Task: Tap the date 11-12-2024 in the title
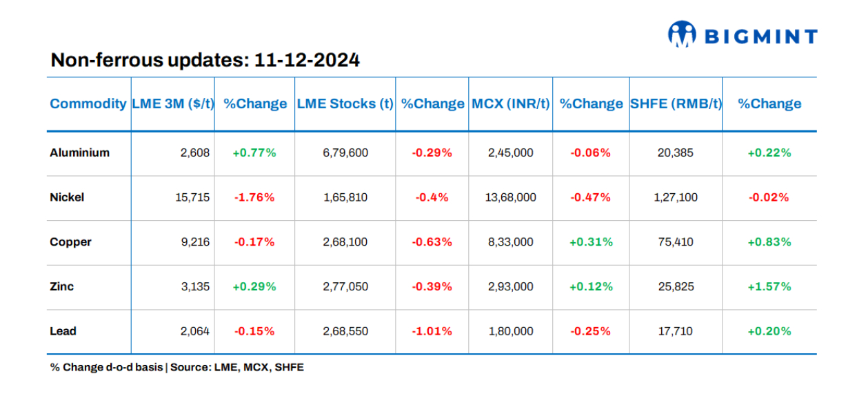(307, 60)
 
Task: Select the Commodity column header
(88, 104)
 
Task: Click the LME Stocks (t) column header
(345, 104)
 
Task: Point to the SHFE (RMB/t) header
(676, 104)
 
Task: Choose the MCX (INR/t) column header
(510, 104)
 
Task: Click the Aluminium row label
(80, 152)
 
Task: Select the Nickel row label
(67, 197)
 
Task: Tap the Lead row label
(63, 331)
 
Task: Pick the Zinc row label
(61, 286)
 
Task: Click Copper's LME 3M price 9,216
(195, 242)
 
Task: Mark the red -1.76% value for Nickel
(254, 197)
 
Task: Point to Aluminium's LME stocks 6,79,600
(345, 152)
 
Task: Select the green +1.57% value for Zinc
(769, 286)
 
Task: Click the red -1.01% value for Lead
(432, 331)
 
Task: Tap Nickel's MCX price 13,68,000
(510, 197)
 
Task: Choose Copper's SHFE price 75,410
(676, 242)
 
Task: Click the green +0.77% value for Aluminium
(254, 152)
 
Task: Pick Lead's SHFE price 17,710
(676, 331)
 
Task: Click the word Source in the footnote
(188, 368)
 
